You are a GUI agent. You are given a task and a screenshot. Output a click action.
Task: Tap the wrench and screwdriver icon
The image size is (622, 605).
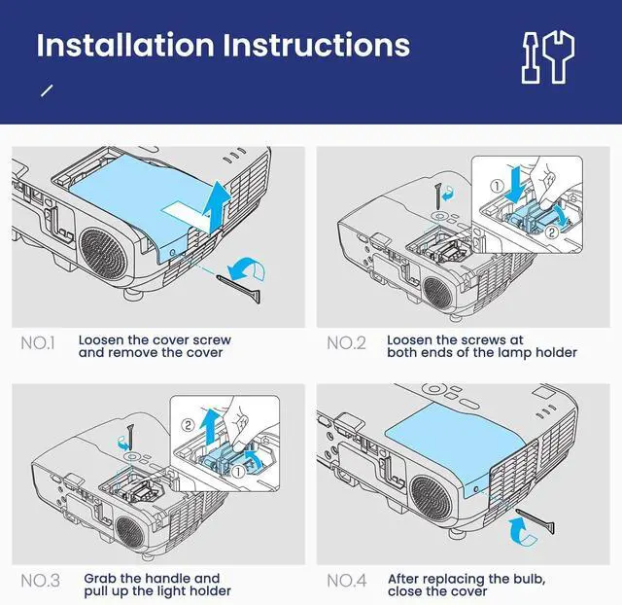click(545, 55)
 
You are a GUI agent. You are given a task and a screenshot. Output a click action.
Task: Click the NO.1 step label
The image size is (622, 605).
click(39, 343)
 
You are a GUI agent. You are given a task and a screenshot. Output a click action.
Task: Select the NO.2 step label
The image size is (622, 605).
click(346, 343)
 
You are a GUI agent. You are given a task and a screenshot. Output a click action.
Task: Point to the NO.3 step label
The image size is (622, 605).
click(40, 582)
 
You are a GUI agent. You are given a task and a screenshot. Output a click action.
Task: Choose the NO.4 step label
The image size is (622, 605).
click(347, 582)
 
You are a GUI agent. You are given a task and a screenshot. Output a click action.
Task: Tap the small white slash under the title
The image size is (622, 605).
click(46, 90)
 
